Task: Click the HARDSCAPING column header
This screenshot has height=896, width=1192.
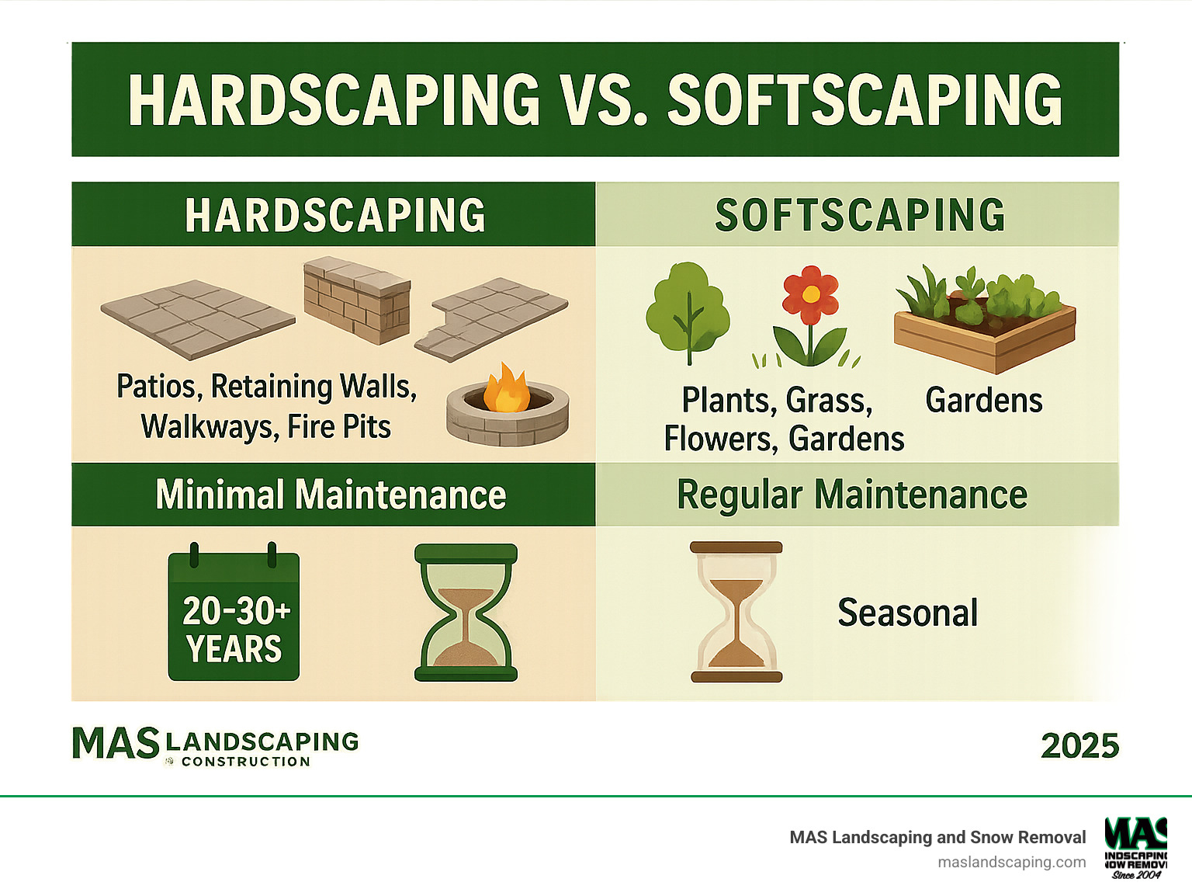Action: coord(334,215)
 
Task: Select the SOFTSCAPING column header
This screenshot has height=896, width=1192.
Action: coord(859,215)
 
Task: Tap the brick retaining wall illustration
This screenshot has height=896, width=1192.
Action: coord(357,300)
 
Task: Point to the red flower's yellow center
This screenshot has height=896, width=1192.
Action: coord(810,294)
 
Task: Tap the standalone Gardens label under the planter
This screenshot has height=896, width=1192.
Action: coord(983,401)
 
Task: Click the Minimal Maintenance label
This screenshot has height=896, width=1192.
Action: coord(331,495)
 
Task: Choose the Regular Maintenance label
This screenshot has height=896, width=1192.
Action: coord(852,495)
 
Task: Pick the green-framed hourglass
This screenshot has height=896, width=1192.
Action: coord(466,613)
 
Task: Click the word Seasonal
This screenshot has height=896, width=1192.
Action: coord(907,613)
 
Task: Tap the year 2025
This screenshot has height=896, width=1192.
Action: coord(1079,746)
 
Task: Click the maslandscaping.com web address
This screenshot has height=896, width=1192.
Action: coord(1011,862)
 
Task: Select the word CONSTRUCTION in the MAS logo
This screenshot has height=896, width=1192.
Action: coord(245,762)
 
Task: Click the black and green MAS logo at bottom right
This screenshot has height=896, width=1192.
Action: coord(1135,847)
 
